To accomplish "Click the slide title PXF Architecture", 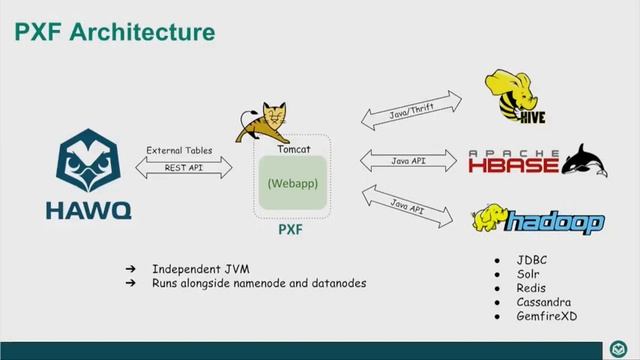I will pyautogui.click(x=114, y=32).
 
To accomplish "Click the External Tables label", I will pyautogui.click(x=179, y=150).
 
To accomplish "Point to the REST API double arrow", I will pyautogui.click(x=182, y=168).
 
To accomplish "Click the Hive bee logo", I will pyautogui.click(x=513, y=95).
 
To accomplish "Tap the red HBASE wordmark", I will pyautogui.click(x=514, y=162).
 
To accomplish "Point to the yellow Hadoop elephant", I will pyautogui.click(x=487, y=219).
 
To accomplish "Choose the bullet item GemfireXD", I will pyautogui.click(x=546, y=316).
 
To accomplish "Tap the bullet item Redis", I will pyautogui.click(x=532, y=288).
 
